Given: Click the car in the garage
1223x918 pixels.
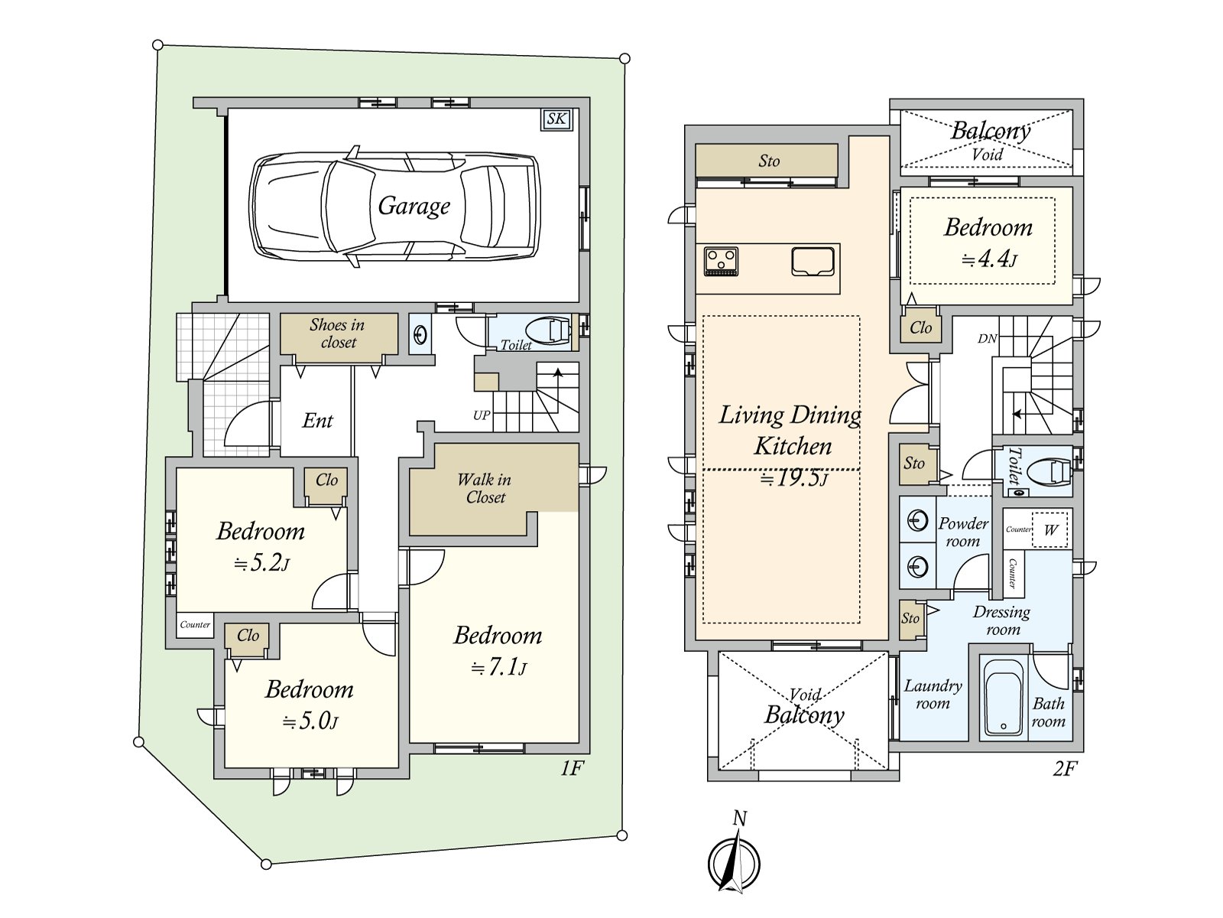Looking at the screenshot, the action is point(394,207).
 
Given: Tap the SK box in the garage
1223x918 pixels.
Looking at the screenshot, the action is point(556,119).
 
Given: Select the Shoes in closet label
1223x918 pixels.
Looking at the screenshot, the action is point(338,334).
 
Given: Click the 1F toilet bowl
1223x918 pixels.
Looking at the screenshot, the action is point(550,331).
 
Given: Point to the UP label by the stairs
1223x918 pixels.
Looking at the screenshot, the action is point(482,415).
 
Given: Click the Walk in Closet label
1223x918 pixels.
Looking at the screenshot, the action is point(484,488).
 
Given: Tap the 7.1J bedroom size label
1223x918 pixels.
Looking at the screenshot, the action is point(498,667).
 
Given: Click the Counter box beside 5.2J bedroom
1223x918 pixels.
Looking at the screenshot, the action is point(195,625).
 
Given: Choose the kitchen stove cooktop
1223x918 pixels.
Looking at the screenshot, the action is point(721,262).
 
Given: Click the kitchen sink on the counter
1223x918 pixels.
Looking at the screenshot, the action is point(813,262).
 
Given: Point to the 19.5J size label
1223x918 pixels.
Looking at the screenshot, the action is point(794,479).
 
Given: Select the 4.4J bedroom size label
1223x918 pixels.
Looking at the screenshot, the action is point(990,259).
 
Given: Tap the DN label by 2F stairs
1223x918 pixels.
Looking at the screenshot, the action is point(988,338).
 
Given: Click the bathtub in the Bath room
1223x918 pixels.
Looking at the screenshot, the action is point(1004,697).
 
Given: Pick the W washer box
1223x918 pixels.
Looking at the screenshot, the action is point(1050,529).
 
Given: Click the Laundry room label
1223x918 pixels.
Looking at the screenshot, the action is point(933,695).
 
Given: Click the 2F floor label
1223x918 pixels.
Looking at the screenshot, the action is point(1065,769).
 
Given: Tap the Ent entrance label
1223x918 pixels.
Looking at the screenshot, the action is point(317,420).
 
